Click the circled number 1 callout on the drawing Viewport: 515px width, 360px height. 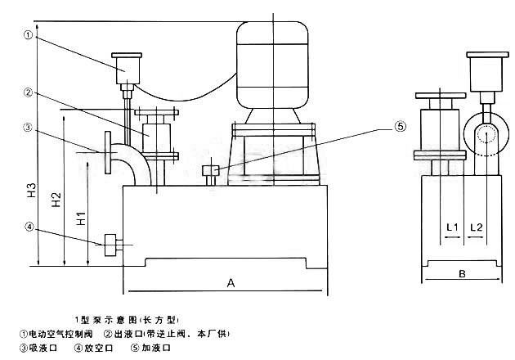point(29,35)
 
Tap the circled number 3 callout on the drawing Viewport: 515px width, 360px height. point(29,128)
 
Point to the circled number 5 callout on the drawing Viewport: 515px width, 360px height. point(400,127)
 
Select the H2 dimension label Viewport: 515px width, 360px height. point(55,202)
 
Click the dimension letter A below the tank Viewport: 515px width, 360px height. point(231,283)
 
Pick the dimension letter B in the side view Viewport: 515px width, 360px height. point(462,274)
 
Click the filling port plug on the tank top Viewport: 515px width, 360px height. point(210,173)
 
